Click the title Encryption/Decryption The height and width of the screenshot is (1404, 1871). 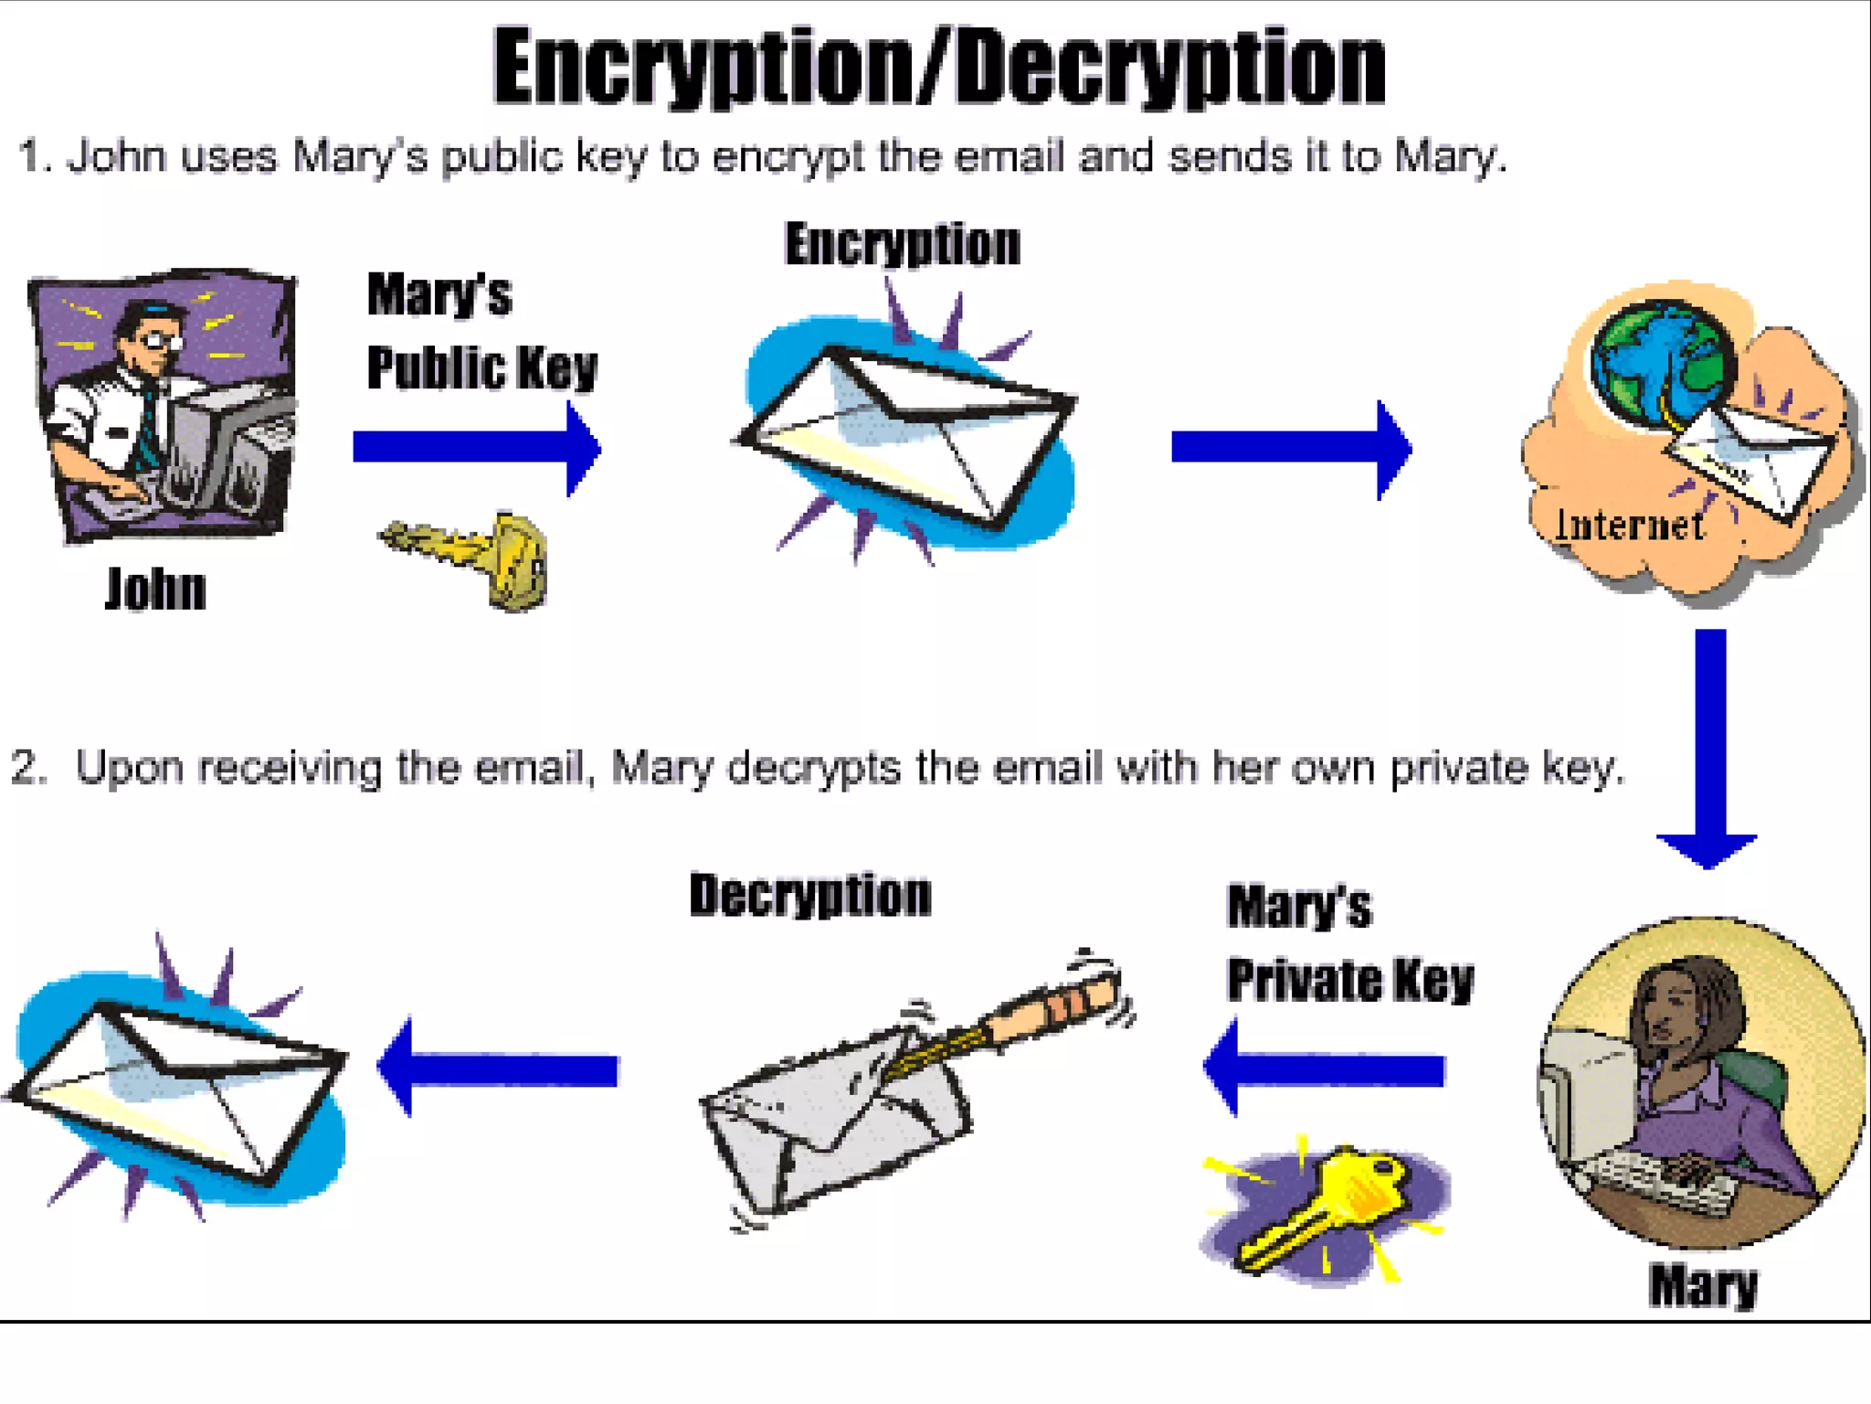[939, 69]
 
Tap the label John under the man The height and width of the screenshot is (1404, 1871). [155, 589]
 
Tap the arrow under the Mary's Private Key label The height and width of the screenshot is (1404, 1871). [1325, 1068]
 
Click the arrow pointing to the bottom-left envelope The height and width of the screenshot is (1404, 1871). [499, 1068]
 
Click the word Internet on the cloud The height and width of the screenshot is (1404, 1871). [1629, 526]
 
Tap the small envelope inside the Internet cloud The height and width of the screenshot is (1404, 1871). [1749, 462]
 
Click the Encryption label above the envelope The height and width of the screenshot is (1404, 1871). [902, 245]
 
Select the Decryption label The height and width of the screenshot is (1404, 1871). [810, 895]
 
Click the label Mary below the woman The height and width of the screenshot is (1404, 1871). [1703, 1285]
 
